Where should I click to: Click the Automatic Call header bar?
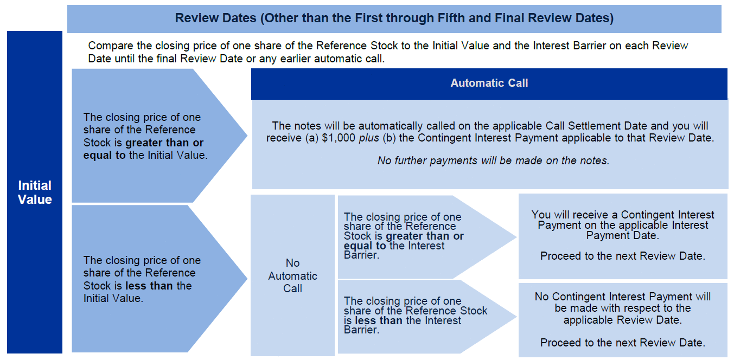pos(489,83)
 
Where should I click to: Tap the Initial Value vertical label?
pos(35,192)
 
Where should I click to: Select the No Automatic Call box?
pos(292,275)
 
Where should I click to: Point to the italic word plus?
pos(369,138)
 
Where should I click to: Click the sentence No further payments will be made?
pos(493,160)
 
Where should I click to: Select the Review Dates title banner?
pos(394,18)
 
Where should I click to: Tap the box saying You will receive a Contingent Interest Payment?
pos(622,236)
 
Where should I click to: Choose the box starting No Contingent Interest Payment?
pos(622,319)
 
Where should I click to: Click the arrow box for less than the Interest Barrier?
pos(418,316)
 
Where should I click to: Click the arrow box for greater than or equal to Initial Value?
pos(146,136)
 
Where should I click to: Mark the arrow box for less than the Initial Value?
pos(146,279)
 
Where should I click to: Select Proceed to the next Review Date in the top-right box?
pos(622,256)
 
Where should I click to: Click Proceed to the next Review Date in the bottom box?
pos(622,343)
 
